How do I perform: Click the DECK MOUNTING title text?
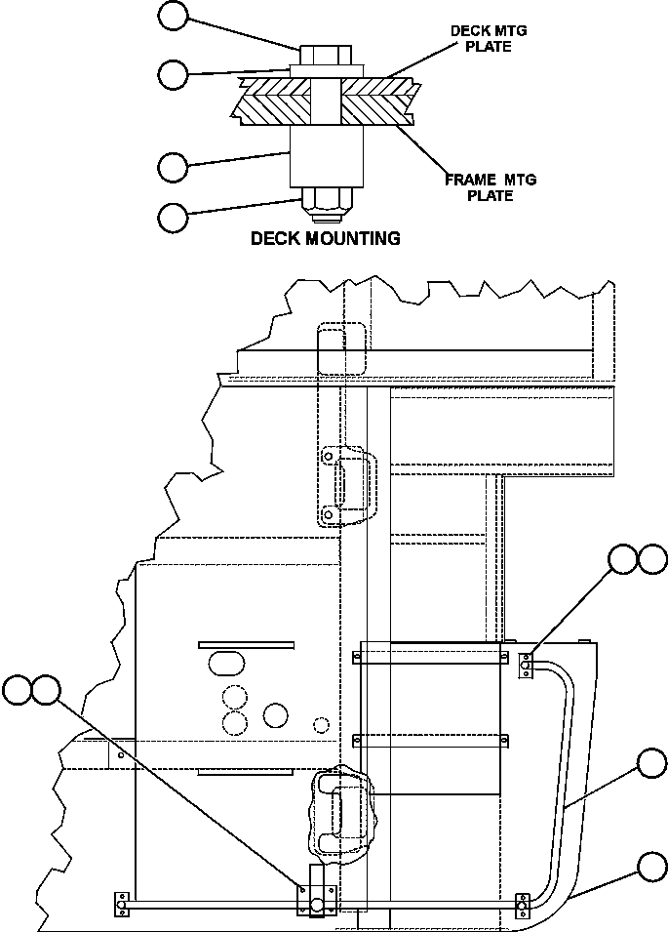[x=326, y=238]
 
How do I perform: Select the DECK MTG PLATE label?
[x=488, y=39]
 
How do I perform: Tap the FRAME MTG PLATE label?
[x=491, y=187]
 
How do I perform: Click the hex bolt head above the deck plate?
[x=327, y=54]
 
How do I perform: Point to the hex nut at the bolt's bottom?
[x=327, y=201]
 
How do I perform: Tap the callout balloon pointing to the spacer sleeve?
[x=173, y=166]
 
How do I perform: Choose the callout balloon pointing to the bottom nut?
[x=173, y=217]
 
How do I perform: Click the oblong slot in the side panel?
[x=226, y=664]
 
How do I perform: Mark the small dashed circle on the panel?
[x=320, y=724]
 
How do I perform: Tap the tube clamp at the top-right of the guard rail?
[x=526, y=665]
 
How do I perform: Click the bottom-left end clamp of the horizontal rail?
[x=122, y=906]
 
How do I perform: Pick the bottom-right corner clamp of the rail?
[x=523, y=906]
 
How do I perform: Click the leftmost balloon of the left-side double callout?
[x=17, y=690]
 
